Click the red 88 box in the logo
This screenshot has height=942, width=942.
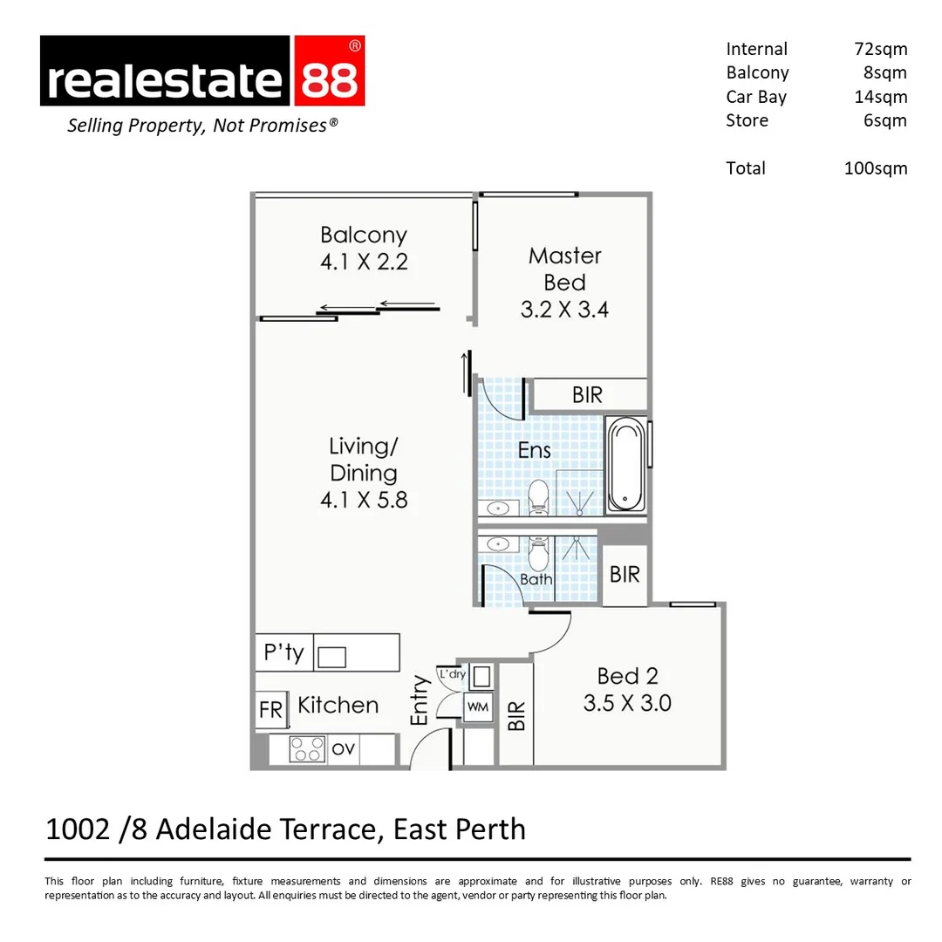[x=329, y=72]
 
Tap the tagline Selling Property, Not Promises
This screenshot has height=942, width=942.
[x=202, y=126]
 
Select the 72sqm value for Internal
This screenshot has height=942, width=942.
[x=880, y=49]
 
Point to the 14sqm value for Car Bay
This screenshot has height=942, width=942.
[x=880, y=97]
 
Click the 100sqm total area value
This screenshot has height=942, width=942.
[x=875, y=168]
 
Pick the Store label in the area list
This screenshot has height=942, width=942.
[x=747, y=120]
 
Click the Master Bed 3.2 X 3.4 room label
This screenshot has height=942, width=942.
[x=564, y=282]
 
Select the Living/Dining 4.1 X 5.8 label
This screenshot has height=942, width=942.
[x=364, y=473]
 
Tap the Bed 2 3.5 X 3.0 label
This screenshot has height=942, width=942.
[x=627, y=689]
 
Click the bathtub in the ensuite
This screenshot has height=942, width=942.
[x=625, y=464]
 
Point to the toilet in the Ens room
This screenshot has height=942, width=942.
[x=537, y=495]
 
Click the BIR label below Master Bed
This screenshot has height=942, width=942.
[x=587, y=395]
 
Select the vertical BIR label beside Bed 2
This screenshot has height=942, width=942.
[x=516, y=715]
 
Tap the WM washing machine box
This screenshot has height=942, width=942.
[x=477, y=706]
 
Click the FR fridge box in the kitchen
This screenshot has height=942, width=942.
[x=270, y=710]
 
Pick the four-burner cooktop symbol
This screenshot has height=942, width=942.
[x=307, y=749]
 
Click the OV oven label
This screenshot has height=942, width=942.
[x=344, y=749]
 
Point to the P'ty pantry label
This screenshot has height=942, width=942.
[x=283, y=652]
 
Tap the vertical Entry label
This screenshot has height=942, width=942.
[x=420, y=700]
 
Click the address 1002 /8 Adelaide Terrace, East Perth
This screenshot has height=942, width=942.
[x=285, y=829]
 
